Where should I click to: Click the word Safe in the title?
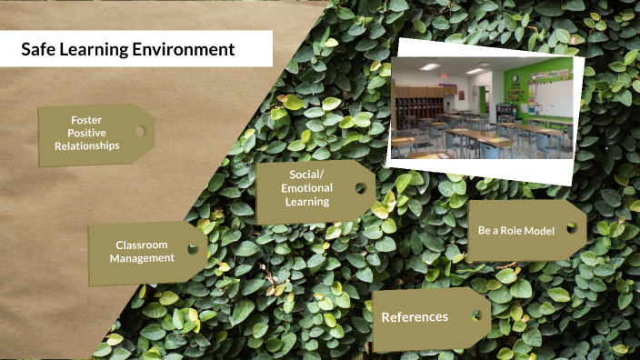coord(39,50)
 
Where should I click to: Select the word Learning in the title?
coord(97,50)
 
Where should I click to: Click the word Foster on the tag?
coord(86,120)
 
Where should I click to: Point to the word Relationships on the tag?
coord(86,145)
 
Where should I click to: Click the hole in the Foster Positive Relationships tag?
coord(139,133)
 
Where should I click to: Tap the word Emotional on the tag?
coord(306,188)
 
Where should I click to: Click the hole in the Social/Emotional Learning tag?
coord(360,188)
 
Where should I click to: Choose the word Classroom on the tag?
coord(142,245)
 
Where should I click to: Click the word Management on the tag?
coord(142,257)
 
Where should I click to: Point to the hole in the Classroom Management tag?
coord(193,248)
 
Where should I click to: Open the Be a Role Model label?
coord(515,230)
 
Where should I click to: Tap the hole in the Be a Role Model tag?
coord(573,229)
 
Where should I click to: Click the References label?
coord(415,317)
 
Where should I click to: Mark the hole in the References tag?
coord(475,316)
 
